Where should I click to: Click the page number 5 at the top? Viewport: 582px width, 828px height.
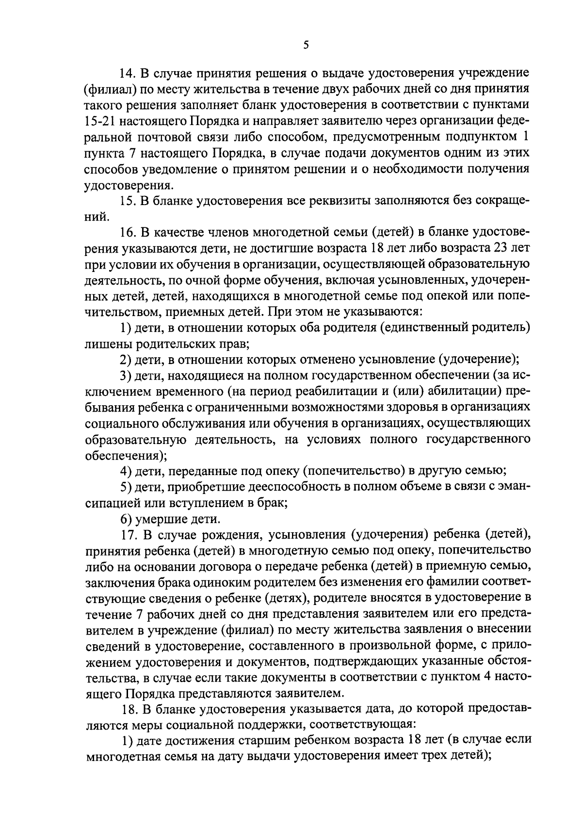coord(306,45)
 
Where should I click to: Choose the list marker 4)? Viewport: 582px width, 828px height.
coord(126,471)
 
